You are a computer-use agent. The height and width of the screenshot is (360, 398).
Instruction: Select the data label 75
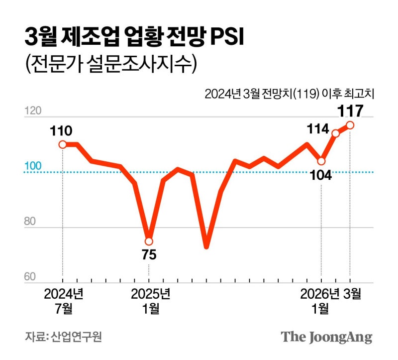point(149,255)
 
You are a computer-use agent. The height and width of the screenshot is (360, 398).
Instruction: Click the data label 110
point(61,131)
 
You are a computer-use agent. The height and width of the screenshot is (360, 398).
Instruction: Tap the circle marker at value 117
point(350,125)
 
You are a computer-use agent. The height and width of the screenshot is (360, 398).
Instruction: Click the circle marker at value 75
point(149,241)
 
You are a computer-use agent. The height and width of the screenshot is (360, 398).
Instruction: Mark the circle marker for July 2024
point(63,144)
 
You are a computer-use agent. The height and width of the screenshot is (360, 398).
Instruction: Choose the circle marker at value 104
point(321,161)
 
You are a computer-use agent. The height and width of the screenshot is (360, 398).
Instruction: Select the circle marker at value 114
point(336,133)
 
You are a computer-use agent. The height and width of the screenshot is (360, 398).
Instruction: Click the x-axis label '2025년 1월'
point(150,301)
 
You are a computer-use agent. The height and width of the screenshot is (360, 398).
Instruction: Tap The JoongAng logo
point(326,337)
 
